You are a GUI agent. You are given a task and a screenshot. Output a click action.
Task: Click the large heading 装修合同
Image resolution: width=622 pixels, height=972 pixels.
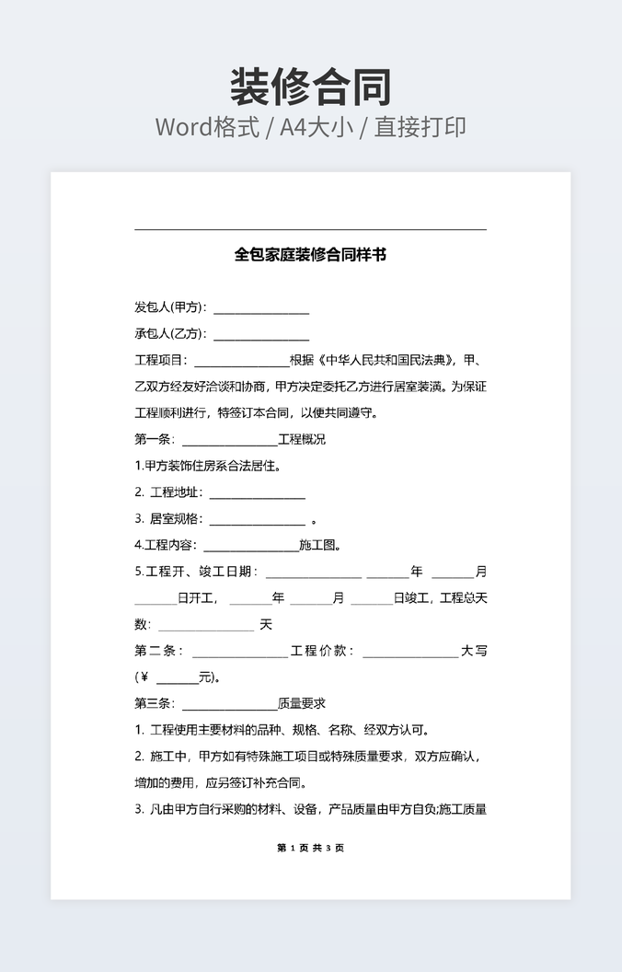(x=310, y=87)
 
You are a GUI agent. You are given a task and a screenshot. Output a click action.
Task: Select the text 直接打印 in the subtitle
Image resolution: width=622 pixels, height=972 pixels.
(x=420, y=127)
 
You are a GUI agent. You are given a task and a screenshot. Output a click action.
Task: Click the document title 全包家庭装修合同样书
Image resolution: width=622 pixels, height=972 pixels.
(x=310, y=254)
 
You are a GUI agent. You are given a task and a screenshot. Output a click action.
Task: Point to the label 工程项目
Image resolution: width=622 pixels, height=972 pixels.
(x=160, y=360)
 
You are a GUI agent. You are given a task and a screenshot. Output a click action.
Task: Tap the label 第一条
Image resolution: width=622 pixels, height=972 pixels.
(x=154, y=439)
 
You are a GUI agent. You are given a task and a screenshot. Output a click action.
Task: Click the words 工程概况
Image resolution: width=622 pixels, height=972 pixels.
(x=302, y=439)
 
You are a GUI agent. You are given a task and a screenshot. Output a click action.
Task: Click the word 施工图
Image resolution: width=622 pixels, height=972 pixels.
(x=319, y=545)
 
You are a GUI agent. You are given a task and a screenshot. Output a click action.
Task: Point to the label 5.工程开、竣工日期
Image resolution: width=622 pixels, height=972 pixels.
(x=196, y=572)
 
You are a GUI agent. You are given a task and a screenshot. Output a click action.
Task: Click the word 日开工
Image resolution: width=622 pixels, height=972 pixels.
(x=197, y=598)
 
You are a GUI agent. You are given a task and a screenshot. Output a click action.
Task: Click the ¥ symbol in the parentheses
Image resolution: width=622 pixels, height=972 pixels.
(x=144, y=677)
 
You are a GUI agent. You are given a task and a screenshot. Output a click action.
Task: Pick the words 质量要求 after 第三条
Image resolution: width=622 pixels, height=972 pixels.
(x=302, y=704)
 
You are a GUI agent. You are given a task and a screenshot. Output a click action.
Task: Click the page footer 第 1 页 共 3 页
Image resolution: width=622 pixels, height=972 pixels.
(x=310, y=848)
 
